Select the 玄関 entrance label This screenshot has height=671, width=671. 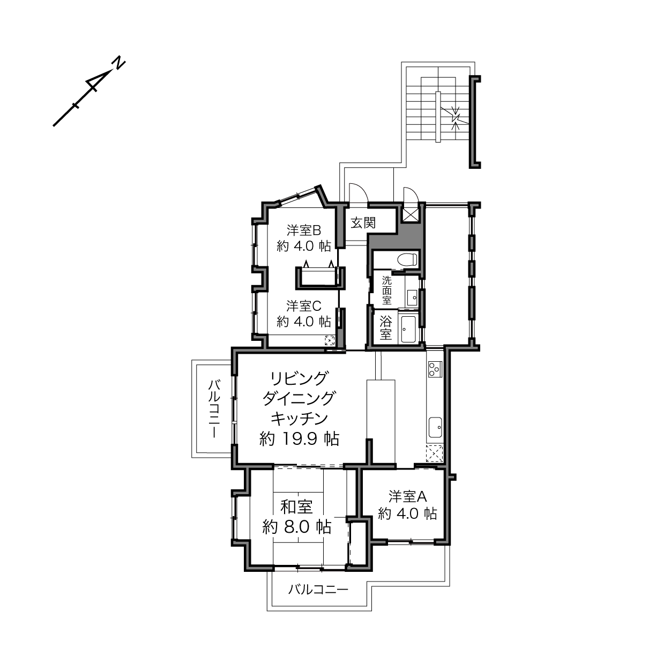point(363,222)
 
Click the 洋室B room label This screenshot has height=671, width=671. point(304,230)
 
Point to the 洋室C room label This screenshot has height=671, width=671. point(304,305)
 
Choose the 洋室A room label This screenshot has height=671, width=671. point(407,496)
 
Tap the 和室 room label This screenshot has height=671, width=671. point(297,506)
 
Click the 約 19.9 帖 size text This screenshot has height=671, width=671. point(300,439)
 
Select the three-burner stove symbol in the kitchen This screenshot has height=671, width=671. point(434,369)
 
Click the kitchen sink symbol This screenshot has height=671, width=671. point(435,427)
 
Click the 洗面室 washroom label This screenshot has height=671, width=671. point(386,290)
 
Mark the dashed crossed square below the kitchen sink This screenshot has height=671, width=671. point(435,454)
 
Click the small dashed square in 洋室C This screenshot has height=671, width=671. point(330,340)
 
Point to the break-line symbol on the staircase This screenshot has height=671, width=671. point(456,118)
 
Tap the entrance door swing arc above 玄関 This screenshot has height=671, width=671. point(359,192)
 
